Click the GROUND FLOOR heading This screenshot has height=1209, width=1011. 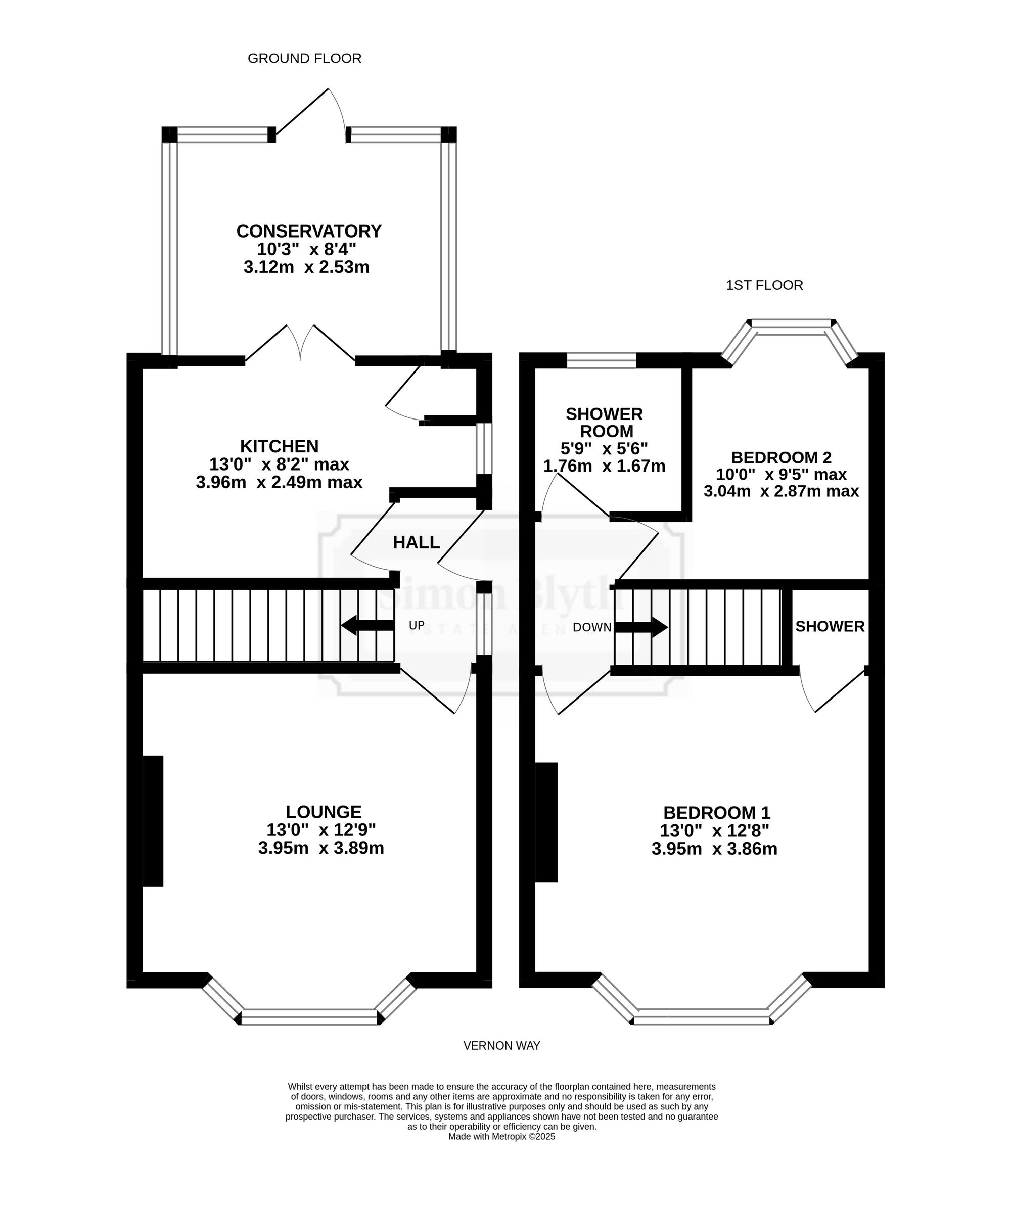(x=305, y=58)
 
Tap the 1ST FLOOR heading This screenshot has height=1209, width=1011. (x=764, y=285)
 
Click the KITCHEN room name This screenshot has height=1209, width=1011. (x=279, y=446)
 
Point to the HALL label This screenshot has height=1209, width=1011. (x=416, y=542)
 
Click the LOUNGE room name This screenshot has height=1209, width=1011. (x=324, y=812)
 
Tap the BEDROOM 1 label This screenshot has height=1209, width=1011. (x=717, y=812)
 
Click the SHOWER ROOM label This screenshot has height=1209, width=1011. (x=605, y=422)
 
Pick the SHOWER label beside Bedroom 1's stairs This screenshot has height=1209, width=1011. (x=830, y=626)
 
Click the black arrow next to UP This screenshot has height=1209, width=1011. (x=367, y=625)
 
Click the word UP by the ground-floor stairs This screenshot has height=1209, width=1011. (x=416, y=625)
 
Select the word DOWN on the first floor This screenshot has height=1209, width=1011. (x=592, y=627)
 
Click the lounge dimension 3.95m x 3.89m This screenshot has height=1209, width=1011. (x=321, y=848)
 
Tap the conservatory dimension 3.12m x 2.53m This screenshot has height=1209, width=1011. (x=306, y=267)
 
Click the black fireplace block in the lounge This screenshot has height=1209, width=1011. (x=153, y=820)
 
